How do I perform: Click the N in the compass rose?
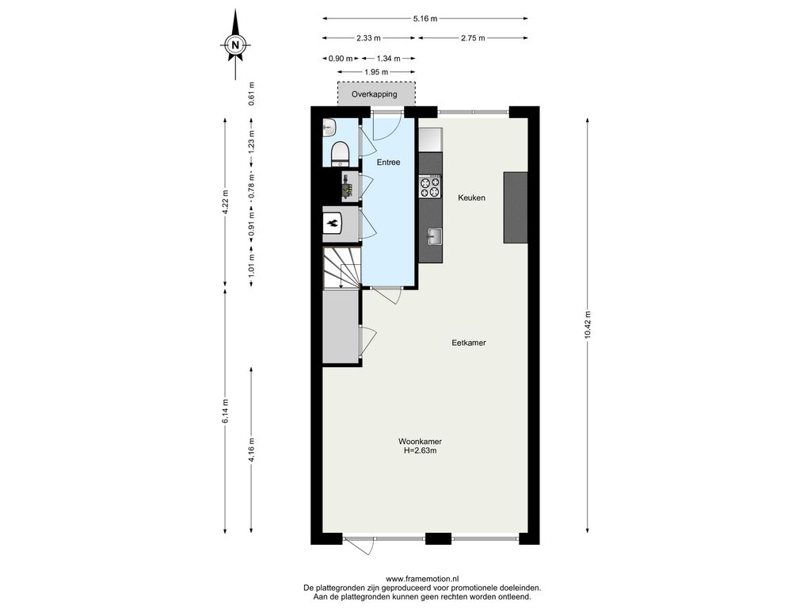coord(235,44)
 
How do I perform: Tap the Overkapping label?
coord(375,94)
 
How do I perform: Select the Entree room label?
coord(388,162)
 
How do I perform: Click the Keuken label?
coord(472,197)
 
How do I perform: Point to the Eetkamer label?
coord(469,343)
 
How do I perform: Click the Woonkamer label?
coord(420,442)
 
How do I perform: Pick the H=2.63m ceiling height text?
coord(421,450)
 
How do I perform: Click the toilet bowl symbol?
coord(341,153)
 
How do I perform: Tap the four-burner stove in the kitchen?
coord(430,187)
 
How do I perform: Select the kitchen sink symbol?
coord(433,236)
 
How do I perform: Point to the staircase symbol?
coord(341,267)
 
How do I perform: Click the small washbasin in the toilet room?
coord(329,127)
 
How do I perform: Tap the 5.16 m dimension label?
coord(425,19)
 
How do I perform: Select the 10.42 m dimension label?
coord(588,324)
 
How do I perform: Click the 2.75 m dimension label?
coord(473,38)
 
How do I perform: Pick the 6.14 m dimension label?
coord(225,412)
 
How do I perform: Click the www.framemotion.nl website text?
coord(423,579)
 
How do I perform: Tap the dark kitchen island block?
coord(516,207)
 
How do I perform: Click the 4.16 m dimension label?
coord(251,450)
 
